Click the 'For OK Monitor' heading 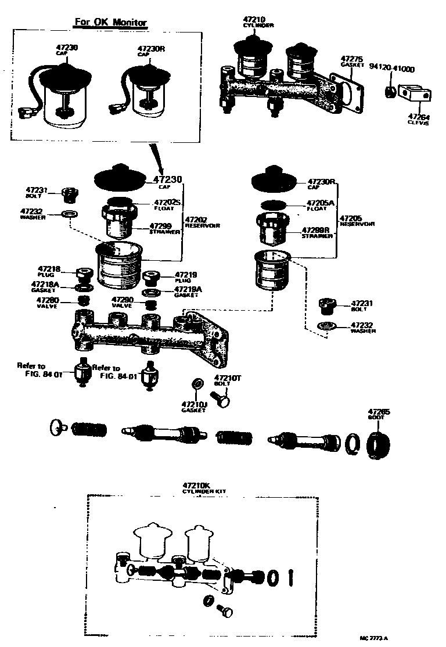click(110, 23)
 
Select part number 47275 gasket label click(351, 61)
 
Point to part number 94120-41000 click(392, 68)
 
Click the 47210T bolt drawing click(221, 399)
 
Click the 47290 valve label click(123, 301)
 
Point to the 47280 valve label click(47, 301)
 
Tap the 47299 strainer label click(161, 228)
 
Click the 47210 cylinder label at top click(253, 22)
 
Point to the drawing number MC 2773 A click(374, 638)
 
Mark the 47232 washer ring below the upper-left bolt click(69, 214)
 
